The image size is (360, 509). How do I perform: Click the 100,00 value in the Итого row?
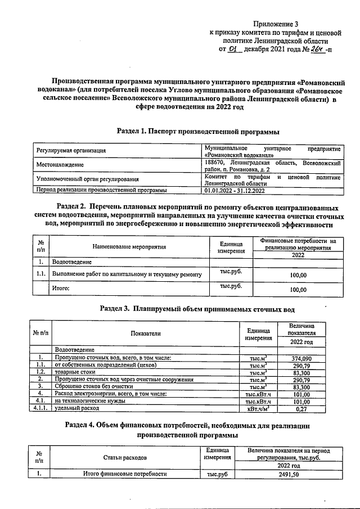tap(298, 290)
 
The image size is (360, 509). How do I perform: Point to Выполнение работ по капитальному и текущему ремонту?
tap(127, 274)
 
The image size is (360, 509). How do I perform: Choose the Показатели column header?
tap(146, 334)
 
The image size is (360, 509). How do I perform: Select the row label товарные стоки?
tap(75, 372)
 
